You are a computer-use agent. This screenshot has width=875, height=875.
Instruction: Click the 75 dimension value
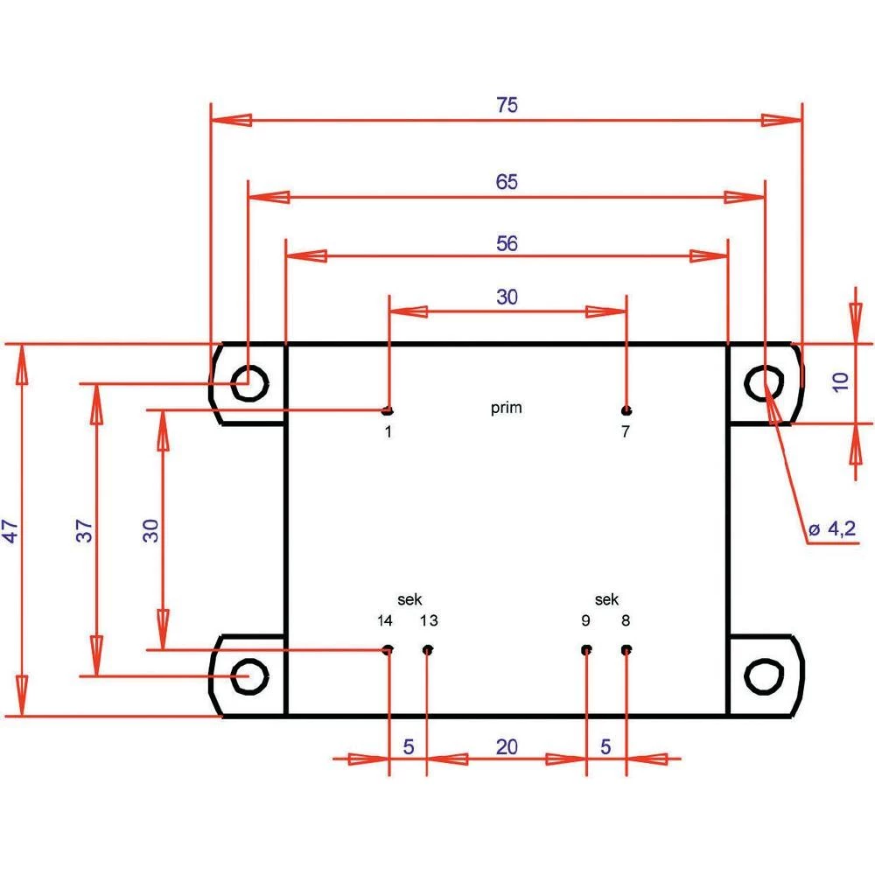[x=507, y=105]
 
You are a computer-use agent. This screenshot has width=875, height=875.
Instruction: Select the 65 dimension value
[x=507, y=182]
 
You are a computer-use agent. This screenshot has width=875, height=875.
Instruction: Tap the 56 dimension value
[x=507, y=244]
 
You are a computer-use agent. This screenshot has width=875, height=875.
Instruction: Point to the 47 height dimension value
[x=11, y=531]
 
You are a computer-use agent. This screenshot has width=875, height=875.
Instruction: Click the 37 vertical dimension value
[x=85, y=530]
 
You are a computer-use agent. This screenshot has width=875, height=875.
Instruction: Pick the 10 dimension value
[x=840, y=381]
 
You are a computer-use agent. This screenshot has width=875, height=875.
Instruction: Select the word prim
[x=507, y=408]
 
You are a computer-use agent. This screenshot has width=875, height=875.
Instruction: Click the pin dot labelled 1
[x=387, y=410]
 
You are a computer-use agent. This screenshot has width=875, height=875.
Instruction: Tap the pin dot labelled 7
[x=626, y=410]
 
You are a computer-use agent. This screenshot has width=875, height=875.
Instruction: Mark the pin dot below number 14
[x=387, y=650]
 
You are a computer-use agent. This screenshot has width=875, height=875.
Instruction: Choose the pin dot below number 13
[x=428, y=650]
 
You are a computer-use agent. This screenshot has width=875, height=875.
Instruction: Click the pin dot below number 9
[x=586, y=650]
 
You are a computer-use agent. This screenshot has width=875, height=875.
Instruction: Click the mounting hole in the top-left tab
[x=249, y=382]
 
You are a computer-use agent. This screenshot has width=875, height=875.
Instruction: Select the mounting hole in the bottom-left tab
[x=249, y=676]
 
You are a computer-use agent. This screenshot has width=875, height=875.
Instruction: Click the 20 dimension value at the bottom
[x=507, y=746]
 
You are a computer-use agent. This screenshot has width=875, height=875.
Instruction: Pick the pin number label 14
[x=385, y=621]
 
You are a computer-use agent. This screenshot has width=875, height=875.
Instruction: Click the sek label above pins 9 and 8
[x=606, y=599]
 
